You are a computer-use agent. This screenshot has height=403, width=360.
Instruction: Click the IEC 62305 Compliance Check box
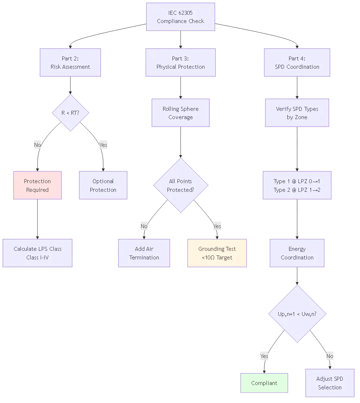[x=180, y=17]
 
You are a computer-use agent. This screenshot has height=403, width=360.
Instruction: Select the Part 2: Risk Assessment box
[x=71, y=63]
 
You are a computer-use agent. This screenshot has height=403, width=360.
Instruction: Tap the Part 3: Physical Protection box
[x=180, y=63]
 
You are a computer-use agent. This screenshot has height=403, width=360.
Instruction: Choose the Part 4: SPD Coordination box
[x=297, y=63]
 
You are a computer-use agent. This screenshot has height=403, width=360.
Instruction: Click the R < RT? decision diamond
[x=71, y=113]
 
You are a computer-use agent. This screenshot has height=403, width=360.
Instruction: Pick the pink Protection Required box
[x=37, y=186]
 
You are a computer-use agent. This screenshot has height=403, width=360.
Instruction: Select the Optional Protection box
[x=103, y=186]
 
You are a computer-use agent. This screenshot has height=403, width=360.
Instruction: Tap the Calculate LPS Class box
[x=38, y=253]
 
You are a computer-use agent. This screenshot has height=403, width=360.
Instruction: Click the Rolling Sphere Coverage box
[x=180, y=113]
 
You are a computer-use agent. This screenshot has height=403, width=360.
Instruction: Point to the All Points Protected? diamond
[x=180, y=186]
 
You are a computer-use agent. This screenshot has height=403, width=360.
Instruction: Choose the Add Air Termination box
[x=144, y=253]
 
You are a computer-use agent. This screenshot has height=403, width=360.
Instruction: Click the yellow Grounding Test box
[x=217, y=253]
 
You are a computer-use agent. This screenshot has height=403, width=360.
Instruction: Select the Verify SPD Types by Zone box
[x=297, y=113]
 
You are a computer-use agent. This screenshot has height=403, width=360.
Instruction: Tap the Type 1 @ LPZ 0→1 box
[x=297, y=186]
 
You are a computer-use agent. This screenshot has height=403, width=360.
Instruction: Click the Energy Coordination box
[x=297, y=253]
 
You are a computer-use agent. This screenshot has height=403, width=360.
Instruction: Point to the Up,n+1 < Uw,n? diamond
[x=297, y=314]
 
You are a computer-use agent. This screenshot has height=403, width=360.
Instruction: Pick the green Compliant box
[x=264, y=383]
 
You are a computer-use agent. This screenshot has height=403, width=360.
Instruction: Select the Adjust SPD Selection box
[x=330, y=383]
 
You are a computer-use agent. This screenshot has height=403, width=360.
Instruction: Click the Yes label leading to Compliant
[x=264, y=356]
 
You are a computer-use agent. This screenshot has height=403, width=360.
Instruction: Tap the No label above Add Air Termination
[x=144, y=226]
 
